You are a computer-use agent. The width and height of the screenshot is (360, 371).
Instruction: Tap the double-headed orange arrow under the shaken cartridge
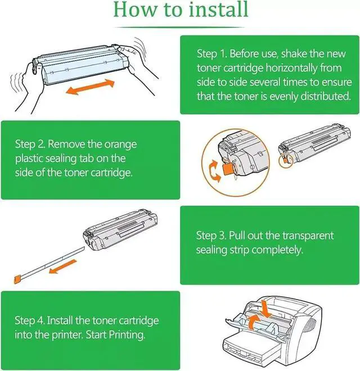coord(90,87)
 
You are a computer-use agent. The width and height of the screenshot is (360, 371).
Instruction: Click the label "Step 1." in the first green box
coord(212,54)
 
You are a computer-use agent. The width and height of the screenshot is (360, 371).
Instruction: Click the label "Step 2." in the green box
coord(30,144)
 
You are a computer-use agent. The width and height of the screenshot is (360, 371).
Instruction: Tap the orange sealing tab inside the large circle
coord(228,169)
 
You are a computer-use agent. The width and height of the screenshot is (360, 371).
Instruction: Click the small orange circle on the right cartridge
coord(286,161)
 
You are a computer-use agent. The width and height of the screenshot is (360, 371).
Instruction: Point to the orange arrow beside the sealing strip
coord(63,266)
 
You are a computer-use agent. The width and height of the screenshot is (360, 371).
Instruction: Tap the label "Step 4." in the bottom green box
coord(30,320)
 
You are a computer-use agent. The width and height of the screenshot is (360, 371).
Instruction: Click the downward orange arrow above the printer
coord(265,309)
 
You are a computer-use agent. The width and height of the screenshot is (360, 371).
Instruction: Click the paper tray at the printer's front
coord(251,347)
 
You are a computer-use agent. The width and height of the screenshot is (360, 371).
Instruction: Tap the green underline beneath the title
coord(179,28)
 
